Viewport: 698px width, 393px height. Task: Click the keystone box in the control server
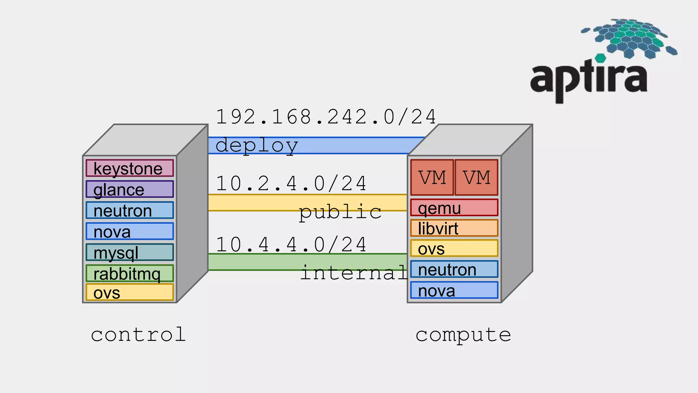coord(130,168)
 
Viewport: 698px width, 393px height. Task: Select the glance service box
coord(130,189)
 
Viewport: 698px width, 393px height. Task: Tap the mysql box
coord(130,252)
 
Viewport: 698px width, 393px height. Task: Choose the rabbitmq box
coord(130,273)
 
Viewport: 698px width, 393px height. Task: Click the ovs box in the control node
coord(130,293)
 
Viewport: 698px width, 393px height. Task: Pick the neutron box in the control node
coord(130,210)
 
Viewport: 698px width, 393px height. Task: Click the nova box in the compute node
coord(454,290)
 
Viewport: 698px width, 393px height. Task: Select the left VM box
coord(432,177)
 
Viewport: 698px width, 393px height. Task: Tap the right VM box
coord(476,177)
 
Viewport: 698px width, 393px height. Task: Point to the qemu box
coord(454,208)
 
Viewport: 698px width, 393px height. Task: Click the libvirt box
coord(454,228)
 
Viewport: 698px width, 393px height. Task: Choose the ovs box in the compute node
coord(454,249)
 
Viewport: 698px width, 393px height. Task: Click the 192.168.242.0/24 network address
coord(326,117)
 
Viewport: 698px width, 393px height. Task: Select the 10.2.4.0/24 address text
coord(291,184)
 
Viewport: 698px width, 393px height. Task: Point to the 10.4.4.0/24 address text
coord(291,245)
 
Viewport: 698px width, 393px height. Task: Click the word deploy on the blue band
coord(256,146)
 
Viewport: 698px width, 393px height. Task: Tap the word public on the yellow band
coord(340,212)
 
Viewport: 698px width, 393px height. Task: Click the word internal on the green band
coord(354,273)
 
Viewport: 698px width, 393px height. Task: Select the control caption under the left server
coord(138,335)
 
